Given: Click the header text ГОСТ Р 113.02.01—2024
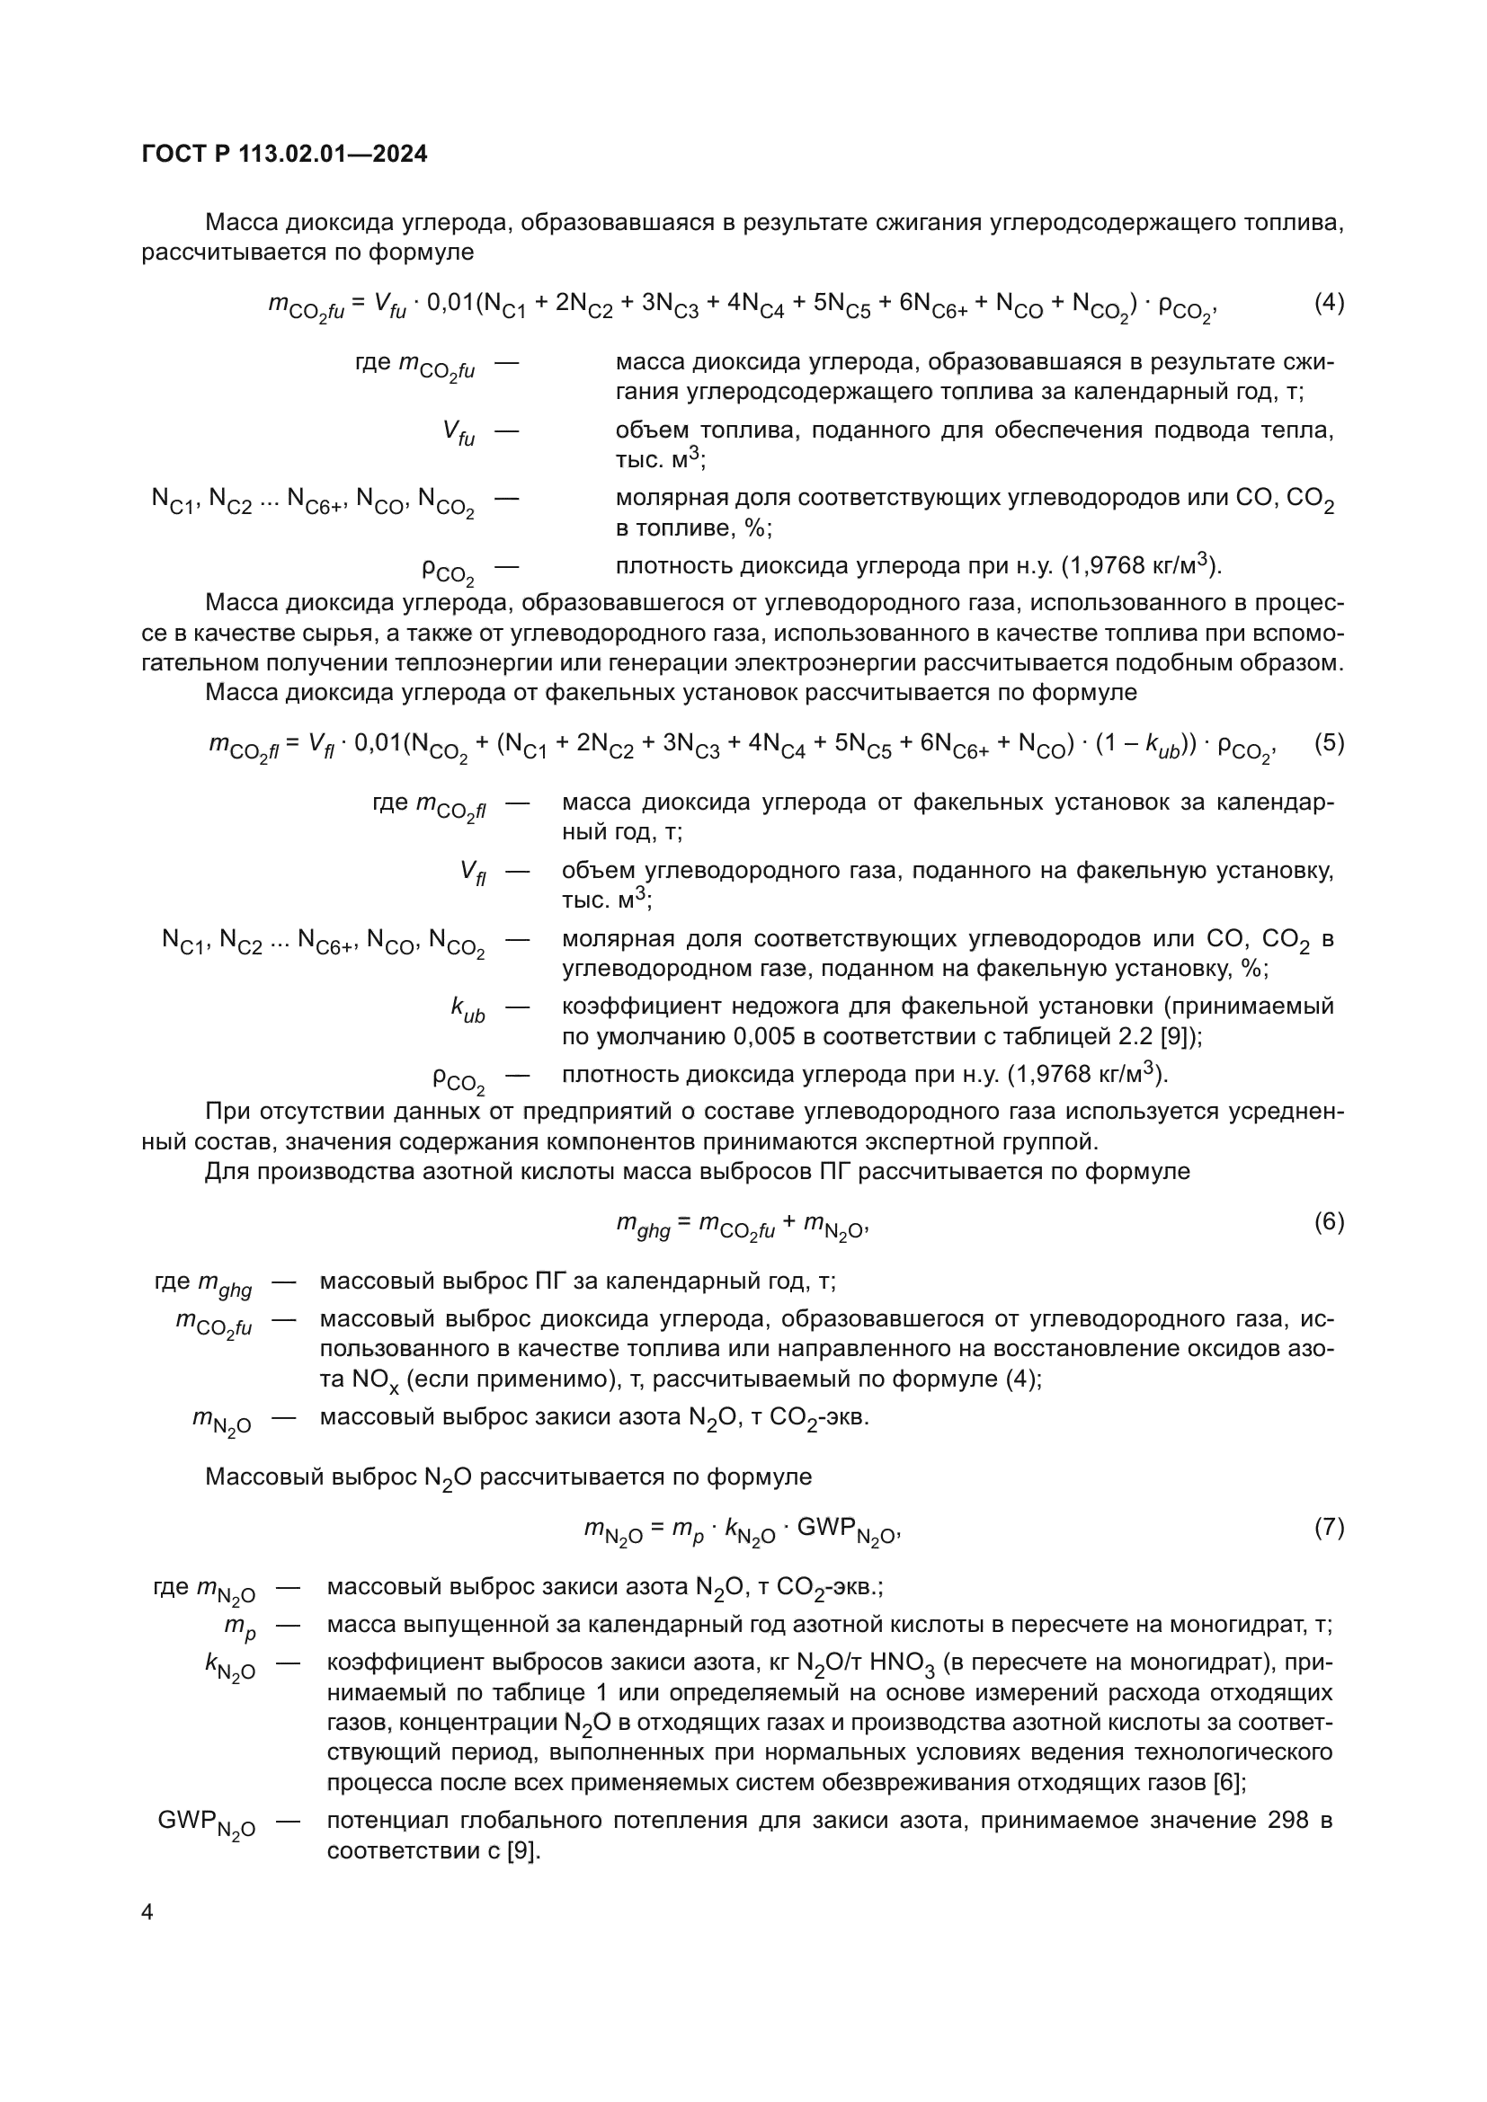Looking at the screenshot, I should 285,155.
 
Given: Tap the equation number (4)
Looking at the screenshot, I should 1329,302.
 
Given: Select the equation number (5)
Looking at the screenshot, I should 1329,742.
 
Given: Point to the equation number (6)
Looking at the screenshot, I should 1329,1221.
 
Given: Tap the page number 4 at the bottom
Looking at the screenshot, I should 147,1911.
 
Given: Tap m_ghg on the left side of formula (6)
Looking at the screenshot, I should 643,1225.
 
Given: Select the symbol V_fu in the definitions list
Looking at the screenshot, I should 459,433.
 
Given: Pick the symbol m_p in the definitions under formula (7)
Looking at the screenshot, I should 240,1627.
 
